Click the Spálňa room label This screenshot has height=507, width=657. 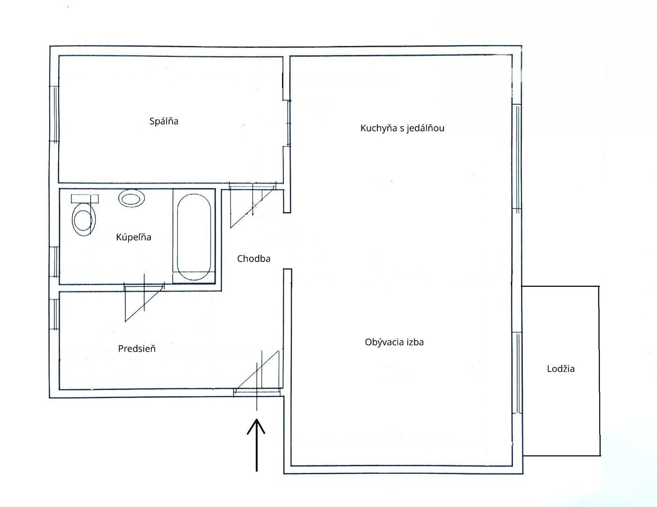(x=164, y=121)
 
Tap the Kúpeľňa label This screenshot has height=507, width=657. (x=133, y=237)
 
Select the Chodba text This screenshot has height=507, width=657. (x=253, y=259)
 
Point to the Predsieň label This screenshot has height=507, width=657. (x=137, y=349)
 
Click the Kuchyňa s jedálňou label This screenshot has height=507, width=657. (x=402, y=128)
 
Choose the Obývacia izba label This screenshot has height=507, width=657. (x=394, y=342)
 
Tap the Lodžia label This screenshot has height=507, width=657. (x=560, y=369)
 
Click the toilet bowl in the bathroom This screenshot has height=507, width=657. (x=84, y=219)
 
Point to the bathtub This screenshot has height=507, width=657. (x=194, y=237)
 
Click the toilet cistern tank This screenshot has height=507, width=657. (x=84, y=198)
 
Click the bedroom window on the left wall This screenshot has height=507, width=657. (x=54, y=114)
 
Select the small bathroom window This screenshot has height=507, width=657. (x=54, y=262)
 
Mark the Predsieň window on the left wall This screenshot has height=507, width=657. (x=54, y=314)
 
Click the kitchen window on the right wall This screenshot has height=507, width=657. (x=517, y=157)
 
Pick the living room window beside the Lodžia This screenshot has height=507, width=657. (x=517, y=373)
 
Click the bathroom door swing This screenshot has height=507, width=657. (x=144, y=302)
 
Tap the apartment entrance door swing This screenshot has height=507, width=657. (x=257, y=372)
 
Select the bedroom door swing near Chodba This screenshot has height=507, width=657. (x=252, y=205)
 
